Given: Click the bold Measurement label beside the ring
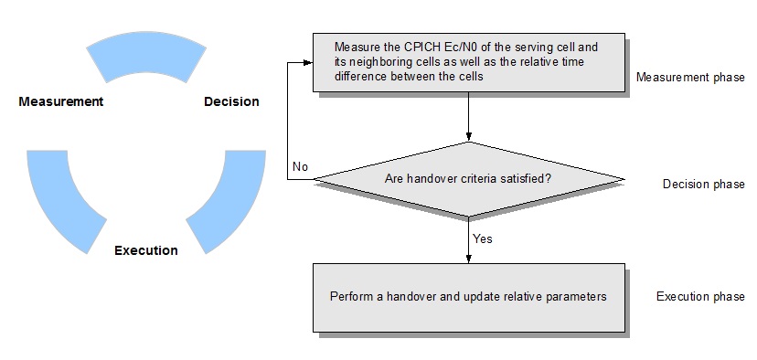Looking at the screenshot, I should pyautogui.click(x=60, y=101).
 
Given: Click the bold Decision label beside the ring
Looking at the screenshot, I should pyautogui.click(x=231, y=101).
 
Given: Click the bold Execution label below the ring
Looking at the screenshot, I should pyautogui.click(x=146, y=249).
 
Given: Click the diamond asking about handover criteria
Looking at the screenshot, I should pyautogui.click(x=468, y=180).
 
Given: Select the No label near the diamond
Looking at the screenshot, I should pyautogui.click(x=300, y=167).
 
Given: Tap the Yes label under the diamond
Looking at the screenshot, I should pyautogui.click(x=483, y=238).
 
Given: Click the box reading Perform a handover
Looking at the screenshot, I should pyautogui.click(x=468, y=297).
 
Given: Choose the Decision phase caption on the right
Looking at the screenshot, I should pyautogui.click(x=703, y=184).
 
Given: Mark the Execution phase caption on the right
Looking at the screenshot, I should pyautogui.click(x=700, y=297).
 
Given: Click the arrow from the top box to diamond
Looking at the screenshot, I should pyautogui.click(x=468, y=117).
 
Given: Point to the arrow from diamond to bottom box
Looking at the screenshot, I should pyautogui.click(x=468, y=242).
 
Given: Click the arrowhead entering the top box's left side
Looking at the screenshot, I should pyautogui.click(x=308, y=62).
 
